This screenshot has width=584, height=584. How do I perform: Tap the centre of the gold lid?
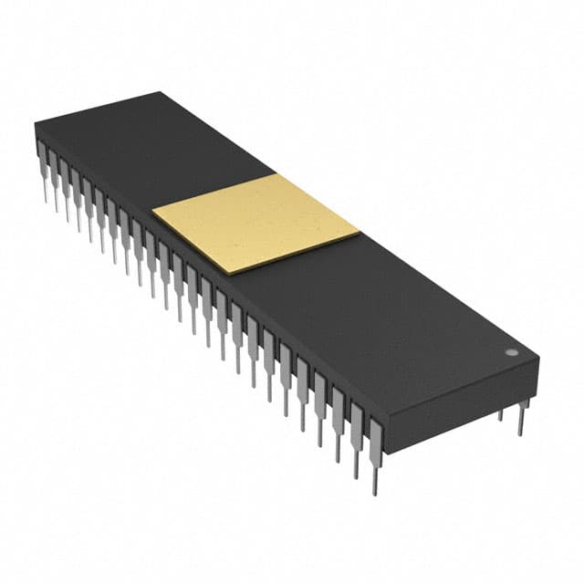pyautogui.click(x=256, y=224)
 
